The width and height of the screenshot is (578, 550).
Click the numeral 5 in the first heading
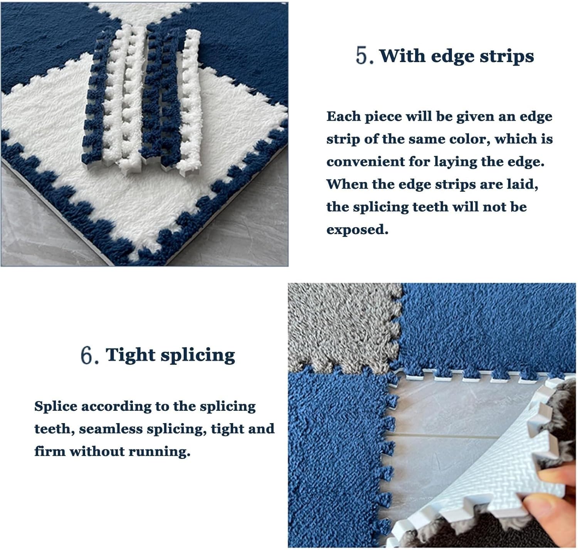(362, 56)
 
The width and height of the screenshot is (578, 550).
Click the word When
(346, 184)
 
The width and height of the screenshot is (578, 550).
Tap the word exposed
(357, 230)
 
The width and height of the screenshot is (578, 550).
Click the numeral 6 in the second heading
(87, 355)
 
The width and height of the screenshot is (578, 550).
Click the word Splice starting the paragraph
(55, 407)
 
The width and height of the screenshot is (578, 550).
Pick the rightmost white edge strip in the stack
(191, 100)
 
